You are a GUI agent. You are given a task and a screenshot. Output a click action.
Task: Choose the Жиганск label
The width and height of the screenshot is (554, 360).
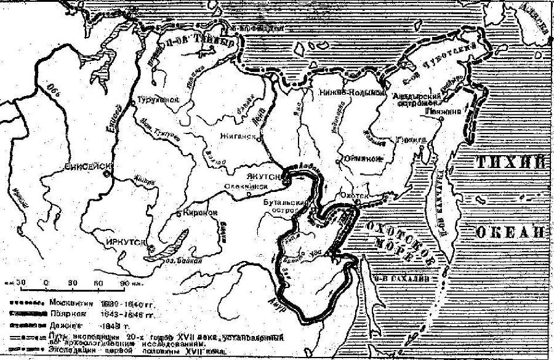click(x=239, y=138)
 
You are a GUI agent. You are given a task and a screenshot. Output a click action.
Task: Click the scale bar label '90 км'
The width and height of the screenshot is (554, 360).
click(x=127, y=282)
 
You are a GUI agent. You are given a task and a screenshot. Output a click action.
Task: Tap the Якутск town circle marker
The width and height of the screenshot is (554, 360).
click(x=286, y=177)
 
